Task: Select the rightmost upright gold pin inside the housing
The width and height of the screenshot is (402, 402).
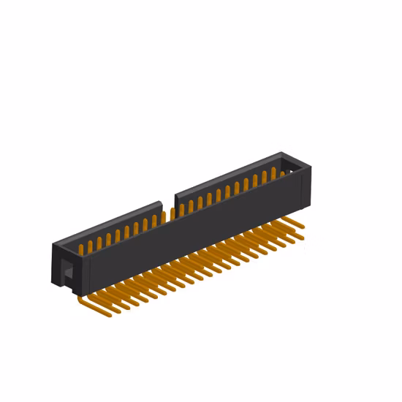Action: pos(283,173)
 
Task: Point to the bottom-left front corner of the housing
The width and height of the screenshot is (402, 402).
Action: pos(86,292)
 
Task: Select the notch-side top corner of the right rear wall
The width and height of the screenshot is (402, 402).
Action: pos(175,194)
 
